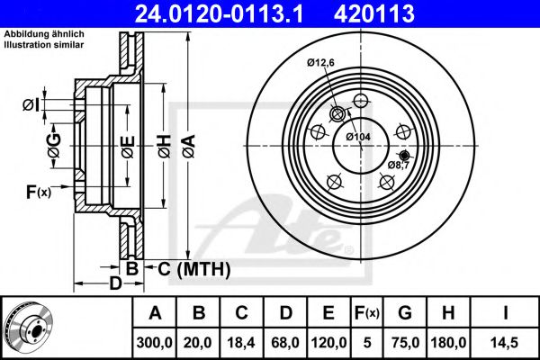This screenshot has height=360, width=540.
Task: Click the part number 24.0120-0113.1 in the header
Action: tap(219, 13)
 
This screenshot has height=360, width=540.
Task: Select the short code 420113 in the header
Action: tap(374, 13)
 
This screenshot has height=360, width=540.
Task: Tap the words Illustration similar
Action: tap(44, 45)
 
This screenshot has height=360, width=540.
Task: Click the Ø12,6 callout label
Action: tap(320, 63)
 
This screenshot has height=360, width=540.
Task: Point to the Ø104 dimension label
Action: tap(358, 137)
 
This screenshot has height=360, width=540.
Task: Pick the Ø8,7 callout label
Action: tap(399, 165)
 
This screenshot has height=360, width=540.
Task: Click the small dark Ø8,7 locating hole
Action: tap(404, 154)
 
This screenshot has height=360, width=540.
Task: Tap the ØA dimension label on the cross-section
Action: tap(189, 147)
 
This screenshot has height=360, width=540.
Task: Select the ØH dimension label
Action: tap(165, 147)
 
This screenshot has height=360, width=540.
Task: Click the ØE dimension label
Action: tap(128, 147)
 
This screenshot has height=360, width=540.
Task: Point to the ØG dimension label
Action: tap(54, 146)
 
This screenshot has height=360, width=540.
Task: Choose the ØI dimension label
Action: tap(31, 105)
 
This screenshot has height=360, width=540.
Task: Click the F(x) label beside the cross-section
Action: tap(39, 192)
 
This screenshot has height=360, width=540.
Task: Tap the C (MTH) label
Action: tap(194, 269)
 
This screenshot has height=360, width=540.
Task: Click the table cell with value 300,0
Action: tap(154, 343)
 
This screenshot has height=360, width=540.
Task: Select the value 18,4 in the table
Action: tap(241, 343)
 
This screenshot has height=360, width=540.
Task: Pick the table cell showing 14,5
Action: tap(505, 343)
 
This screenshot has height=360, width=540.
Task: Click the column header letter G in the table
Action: tap(405, 313)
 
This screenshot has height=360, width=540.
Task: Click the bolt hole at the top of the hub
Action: tap(361, 101)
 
